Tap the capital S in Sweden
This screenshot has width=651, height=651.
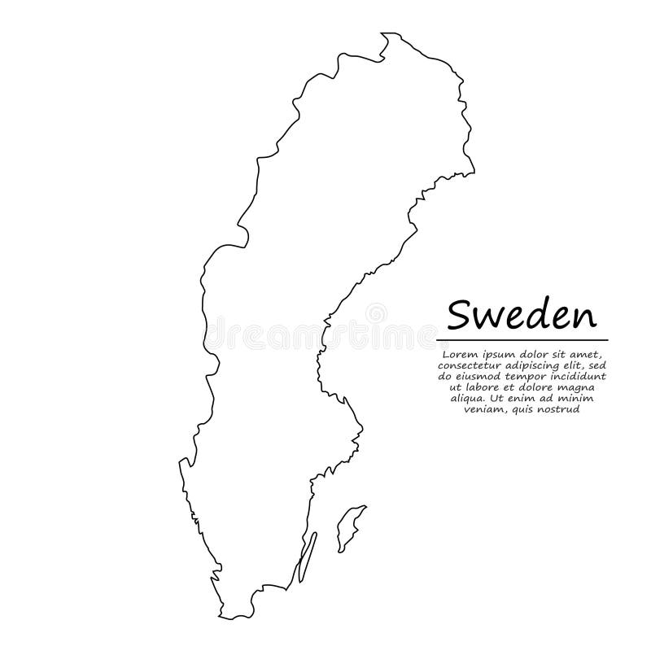pos(458,312)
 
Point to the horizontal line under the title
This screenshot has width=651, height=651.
pos(522,339)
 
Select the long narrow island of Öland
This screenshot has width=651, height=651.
pos(307,557)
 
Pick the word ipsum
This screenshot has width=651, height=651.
pos(493,354)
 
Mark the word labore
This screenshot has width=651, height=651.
pos(482,388)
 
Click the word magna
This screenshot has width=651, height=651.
pos(575,388)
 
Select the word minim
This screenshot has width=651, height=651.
pos(583,400)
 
